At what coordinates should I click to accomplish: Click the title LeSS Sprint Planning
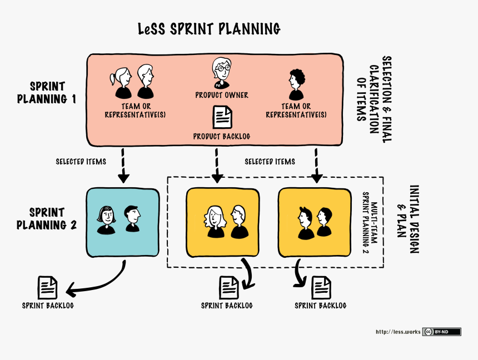tap(209, 29)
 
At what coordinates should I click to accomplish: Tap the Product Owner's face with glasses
tap(221, 69)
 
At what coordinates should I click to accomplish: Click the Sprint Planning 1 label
tap(47, 93)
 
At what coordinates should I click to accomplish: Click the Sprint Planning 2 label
tap(47, 219)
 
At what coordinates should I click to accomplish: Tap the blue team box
tap(122, 222)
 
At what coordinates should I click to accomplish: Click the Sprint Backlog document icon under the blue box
tap(47, 288)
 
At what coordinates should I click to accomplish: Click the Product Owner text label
tap(222, 95)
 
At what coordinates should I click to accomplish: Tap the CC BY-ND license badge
tap(442, 332)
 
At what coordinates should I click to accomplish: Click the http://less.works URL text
tap(398, 332)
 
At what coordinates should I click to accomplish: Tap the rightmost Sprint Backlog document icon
tap(320, 288)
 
